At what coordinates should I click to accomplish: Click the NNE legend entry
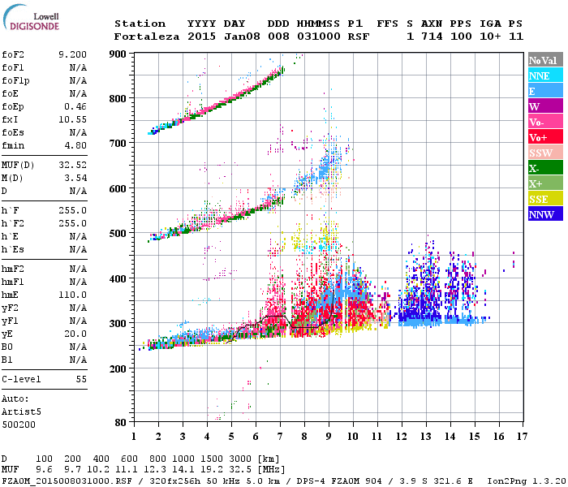tap(540, 75)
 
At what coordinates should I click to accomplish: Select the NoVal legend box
tap(542, 60)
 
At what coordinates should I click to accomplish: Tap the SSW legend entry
tap(541, 153)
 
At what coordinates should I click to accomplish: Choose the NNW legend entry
tap(541, 214)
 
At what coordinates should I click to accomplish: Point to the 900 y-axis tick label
tap(118, 54)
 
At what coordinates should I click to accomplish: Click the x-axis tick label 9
tap(329, 436)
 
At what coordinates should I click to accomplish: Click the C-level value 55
tap(81, 379)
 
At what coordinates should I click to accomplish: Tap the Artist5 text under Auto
tap(21, 412)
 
